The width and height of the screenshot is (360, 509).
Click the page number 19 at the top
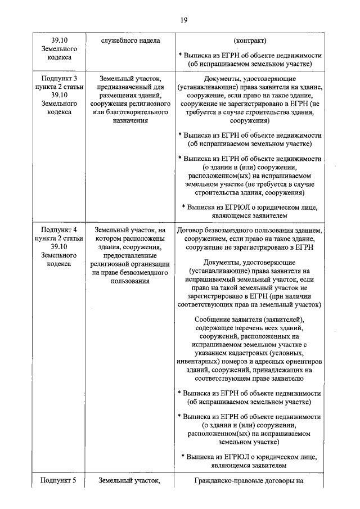pyautogui.click(x=183, y=20)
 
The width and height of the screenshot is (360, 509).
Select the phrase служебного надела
pyautogui.click(x=130, y=41)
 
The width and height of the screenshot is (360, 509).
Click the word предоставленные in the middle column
pyautogui.click(x=130, y=255)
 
